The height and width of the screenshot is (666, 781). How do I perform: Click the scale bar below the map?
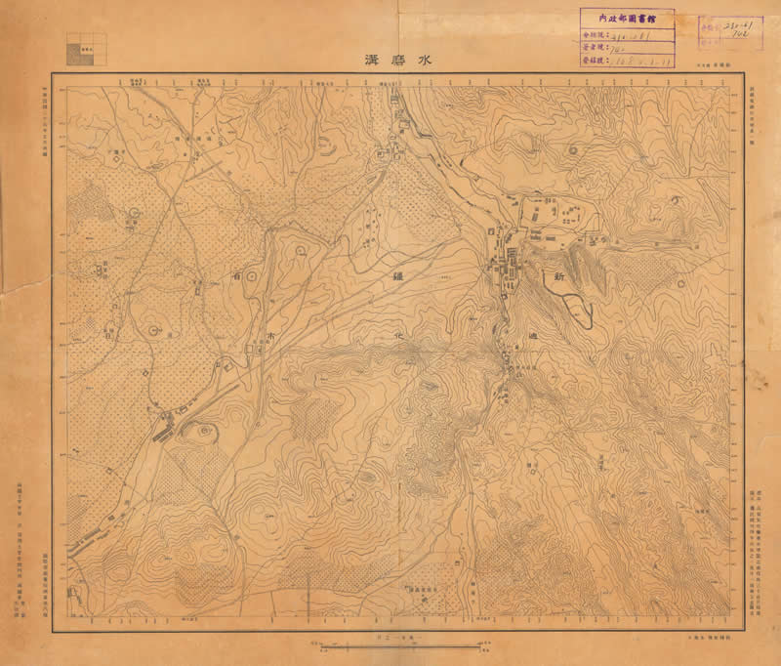coord(400,645)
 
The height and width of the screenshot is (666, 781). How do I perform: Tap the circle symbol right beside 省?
coord(253,277)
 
